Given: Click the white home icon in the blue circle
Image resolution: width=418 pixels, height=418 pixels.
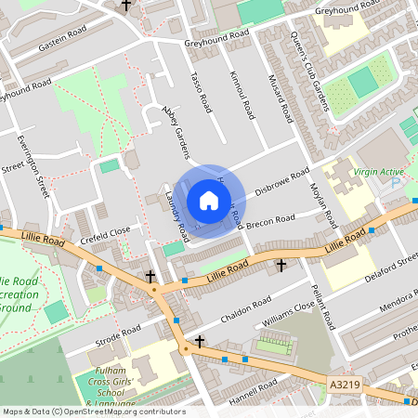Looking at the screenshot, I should coord(208,201).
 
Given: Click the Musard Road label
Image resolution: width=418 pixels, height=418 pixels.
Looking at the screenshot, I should coord(281,99).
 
